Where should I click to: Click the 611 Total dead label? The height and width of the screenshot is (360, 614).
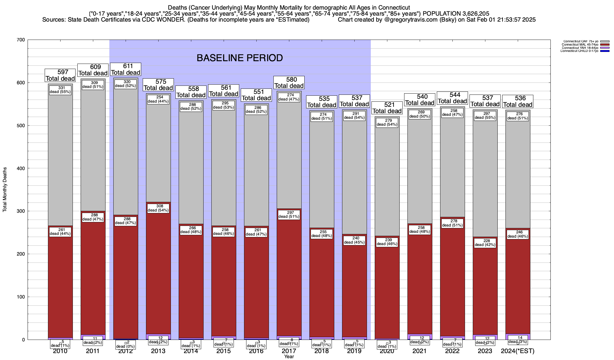126,69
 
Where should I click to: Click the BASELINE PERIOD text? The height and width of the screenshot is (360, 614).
240,58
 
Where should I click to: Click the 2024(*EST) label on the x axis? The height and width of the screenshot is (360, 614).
518,351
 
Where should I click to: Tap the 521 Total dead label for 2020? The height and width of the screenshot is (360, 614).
387,108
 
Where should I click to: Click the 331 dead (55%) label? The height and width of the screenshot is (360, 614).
60,90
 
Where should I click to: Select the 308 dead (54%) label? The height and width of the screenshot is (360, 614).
158,208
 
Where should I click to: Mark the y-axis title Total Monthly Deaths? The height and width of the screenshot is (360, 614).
5,190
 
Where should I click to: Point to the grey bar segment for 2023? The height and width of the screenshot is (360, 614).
485,180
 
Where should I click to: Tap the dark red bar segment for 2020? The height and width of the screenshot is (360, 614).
387,294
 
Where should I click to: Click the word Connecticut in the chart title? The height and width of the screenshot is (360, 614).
394,7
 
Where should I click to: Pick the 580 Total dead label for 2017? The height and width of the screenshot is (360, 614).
289,82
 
